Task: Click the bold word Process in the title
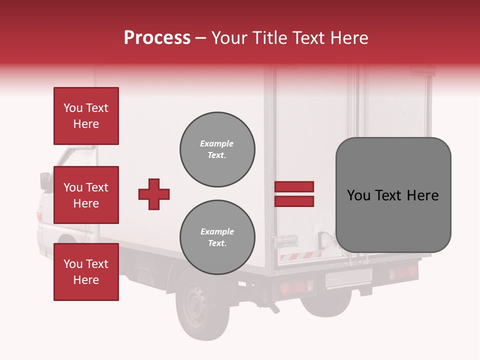click(157, 38)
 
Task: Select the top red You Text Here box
click(86, 116)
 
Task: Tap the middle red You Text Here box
click(86, 195)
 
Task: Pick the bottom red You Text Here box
click(86, 272)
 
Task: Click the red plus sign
click(154, 194)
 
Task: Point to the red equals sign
click(294, 194)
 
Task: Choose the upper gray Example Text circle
click(217, 149)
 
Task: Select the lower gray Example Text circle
click(217, 237)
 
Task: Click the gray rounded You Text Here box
click(393, 195)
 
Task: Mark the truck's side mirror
click(45, 180)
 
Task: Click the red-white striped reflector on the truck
click(300, 255)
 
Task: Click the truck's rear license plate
click(348, 277)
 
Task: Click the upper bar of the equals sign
click(294, 187)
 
